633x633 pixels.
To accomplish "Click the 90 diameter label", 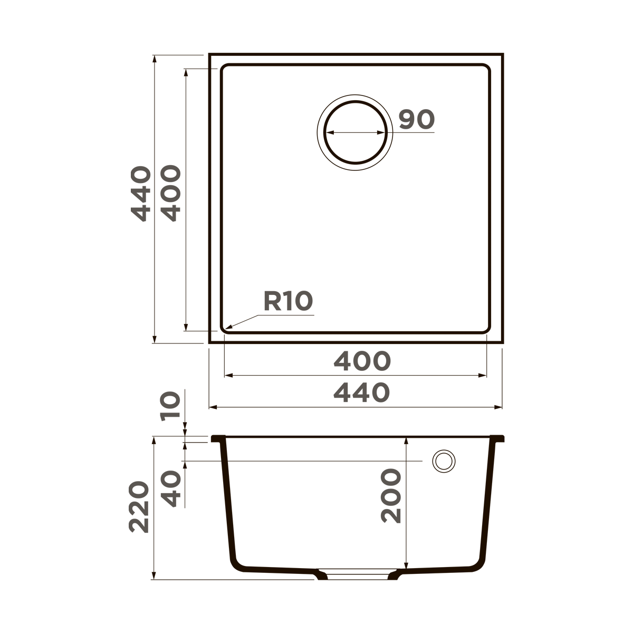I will coord(416,120).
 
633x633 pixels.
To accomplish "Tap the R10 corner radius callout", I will coord(288,301).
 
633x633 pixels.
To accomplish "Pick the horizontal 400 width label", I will coord(362,361).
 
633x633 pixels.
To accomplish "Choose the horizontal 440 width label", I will coord(362,393).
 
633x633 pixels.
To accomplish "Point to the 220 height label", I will coord(139,506).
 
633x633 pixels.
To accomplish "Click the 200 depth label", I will coord(391,496).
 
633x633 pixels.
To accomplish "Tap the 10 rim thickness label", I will coord(171,406).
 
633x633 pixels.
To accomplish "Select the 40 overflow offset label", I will coord(171,489).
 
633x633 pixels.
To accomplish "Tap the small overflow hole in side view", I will coord(443,461).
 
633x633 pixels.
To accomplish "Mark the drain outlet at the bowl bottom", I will coord(357,574).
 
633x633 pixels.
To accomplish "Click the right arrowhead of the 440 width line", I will coord(499,407).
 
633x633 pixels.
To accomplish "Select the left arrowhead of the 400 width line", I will coord(228,376).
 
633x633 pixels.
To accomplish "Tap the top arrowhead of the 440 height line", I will coord(155,57).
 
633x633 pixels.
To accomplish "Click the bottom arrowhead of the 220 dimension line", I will coord(155,577).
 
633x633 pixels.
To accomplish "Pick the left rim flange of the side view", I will coord(216,439).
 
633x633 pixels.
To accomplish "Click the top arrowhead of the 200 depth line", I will coord(406,439).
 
